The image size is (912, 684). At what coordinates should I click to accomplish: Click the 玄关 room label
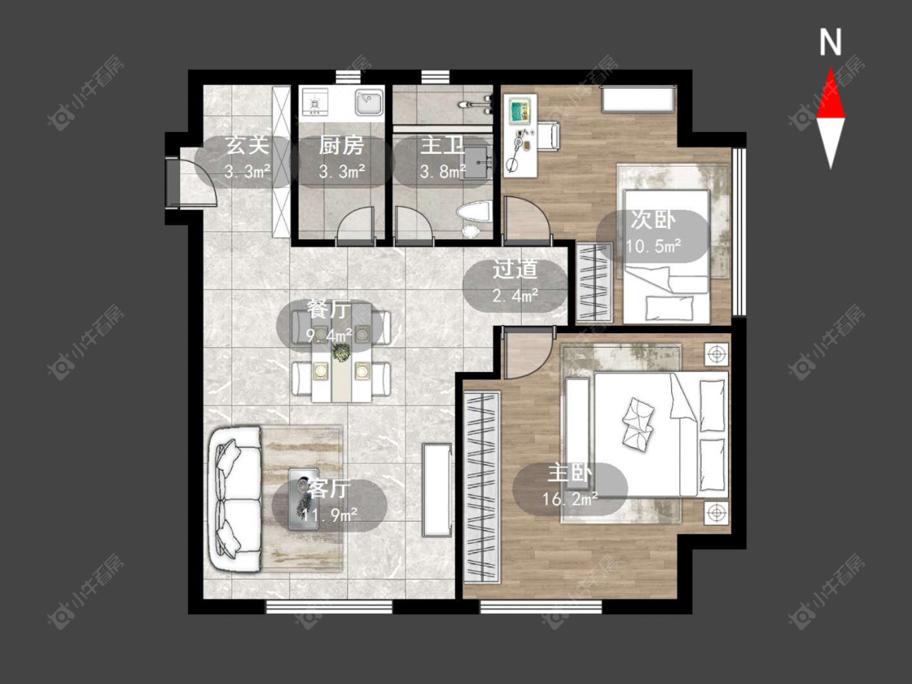248,145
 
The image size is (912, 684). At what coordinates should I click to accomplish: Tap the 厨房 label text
341,145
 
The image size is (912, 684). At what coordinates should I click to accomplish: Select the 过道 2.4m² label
516,282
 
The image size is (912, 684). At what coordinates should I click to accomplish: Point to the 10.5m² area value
653,246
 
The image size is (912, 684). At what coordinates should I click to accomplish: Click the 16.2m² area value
570,499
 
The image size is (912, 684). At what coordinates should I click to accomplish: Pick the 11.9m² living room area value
330,514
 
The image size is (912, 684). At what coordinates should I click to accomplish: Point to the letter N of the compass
831,42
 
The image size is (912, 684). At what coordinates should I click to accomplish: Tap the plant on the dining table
341,352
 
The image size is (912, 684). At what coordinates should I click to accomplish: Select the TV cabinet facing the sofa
437,489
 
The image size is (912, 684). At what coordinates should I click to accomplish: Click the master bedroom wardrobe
482,487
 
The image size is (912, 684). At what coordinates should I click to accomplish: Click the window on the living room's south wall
328,607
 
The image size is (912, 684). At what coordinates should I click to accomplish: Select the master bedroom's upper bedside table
717,353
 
